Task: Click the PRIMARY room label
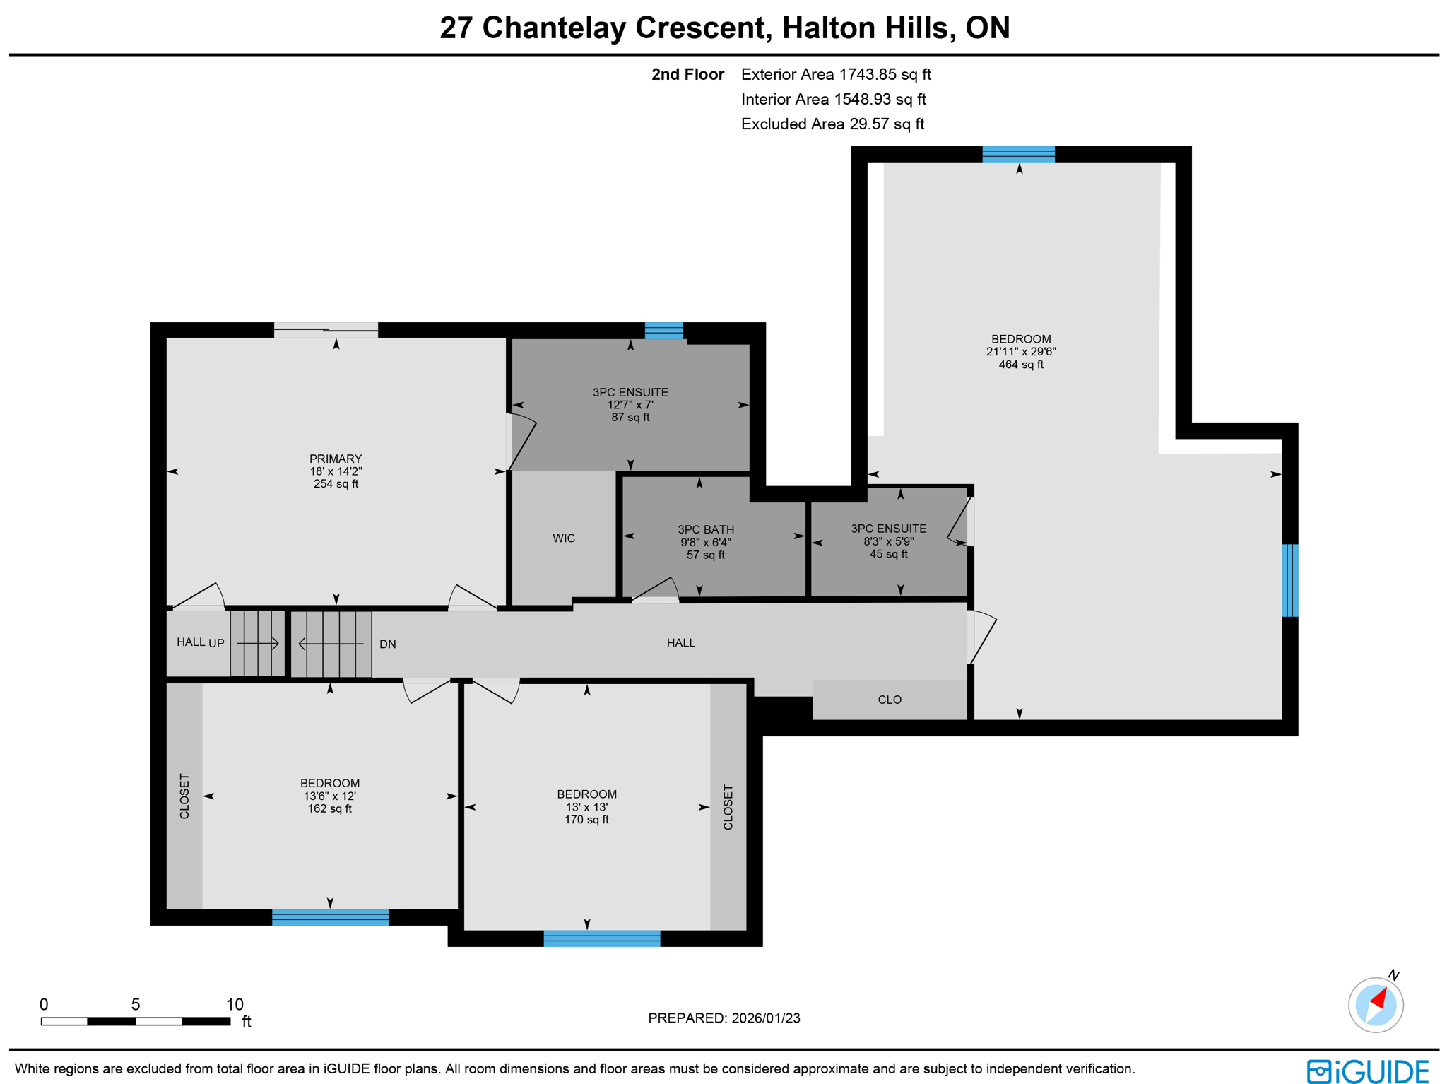pyautogui.click(x=336, y=459)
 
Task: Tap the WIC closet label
pyautogui.click(x=563, y=538)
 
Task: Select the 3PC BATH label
pyautogui.click(x=705, y=529)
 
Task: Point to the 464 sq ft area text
pyautogui.click(x=1020, y=365)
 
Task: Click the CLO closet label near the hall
pyautogui.click(x=889, y=700)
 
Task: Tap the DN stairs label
pyautogui.click(x=387, y=644)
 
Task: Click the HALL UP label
pyautogui.click(x=200, y=642)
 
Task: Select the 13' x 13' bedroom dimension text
pyautogui.click(x=586, y=807)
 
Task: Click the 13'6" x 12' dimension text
pyautogui.click(x=329, y=796)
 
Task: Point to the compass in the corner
pyautogui.click(x=1375, y=1004)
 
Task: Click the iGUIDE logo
pyautogui.click(x=1367, y=1071)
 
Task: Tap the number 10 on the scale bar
pyautogui.click(x=235, y=1004)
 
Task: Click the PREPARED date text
pyautogui.click(x=723, y=1018)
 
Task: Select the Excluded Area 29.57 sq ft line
pyautogui.click(x=832, y=124)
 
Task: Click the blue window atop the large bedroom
pyautogui.click(x=1017, y=154)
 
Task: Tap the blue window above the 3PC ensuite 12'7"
pyautogui.click(x=663, y=330)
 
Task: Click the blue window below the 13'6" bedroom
pyautogui.click(x=330, y=917)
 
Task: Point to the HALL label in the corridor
pyautogui.click(x=680, y=643)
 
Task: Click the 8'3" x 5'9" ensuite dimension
pyautogui.click(x=888, y=541)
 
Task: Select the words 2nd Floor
pyautogui.click(x=687, y=75)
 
